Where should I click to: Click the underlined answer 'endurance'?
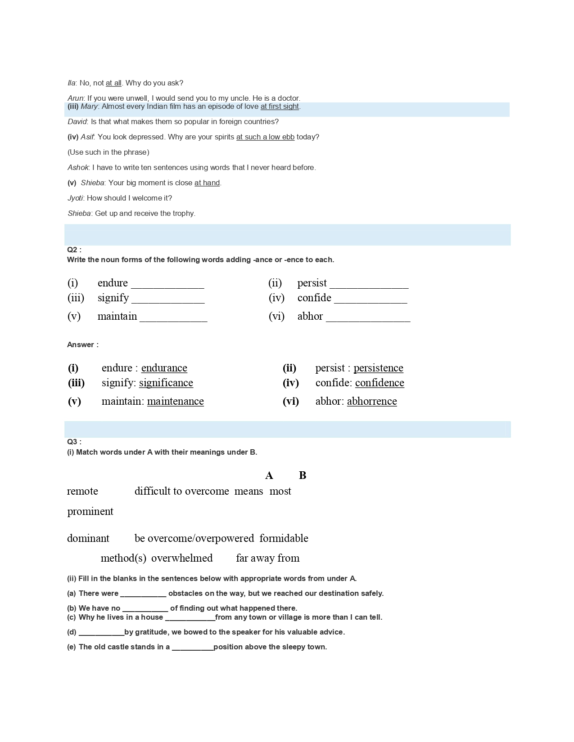164,368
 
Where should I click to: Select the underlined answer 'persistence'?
378,368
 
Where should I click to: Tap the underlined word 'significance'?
166,383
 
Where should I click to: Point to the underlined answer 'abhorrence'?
372,401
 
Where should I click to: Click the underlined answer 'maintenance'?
175,401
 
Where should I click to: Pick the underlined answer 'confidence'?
380,383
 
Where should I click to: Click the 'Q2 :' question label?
74,250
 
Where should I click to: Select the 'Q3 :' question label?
74,442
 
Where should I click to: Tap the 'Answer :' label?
83,345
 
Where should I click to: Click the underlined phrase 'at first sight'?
280,107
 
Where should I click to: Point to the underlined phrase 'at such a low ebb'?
265,137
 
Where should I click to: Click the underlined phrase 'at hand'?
207,183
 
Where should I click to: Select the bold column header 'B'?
303,476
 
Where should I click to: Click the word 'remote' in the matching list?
82,491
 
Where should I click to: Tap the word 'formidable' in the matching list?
284,538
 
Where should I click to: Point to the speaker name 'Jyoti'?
75,198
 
